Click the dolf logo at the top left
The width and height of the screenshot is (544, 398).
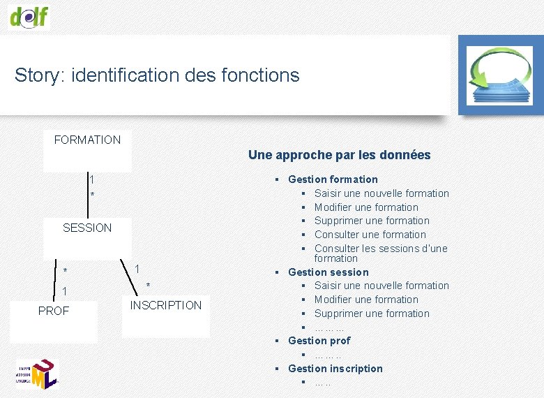point(29,16)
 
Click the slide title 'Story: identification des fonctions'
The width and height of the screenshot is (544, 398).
point(157,75)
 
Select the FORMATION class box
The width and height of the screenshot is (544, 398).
point(87,151)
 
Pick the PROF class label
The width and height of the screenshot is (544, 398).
point(54,311)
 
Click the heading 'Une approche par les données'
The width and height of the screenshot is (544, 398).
point(339,155)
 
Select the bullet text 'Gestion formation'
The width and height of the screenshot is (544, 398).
point(333,179)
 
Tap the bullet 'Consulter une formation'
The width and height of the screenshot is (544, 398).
point(370,235)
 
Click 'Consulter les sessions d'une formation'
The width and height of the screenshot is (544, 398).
point(380,253)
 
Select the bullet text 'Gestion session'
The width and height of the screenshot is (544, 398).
point(328,272)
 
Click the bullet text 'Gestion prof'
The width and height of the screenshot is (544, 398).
point(319,341)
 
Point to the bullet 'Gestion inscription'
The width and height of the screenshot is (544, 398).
point(335,369)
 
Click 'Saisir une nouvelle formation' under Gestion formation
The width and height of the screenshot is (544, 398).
point(381,193)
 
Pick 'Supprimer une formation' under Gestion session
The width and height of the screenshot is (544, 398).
point(372,314)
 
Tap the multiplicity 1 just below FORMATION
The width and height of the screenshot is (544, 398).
point(91,179)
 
